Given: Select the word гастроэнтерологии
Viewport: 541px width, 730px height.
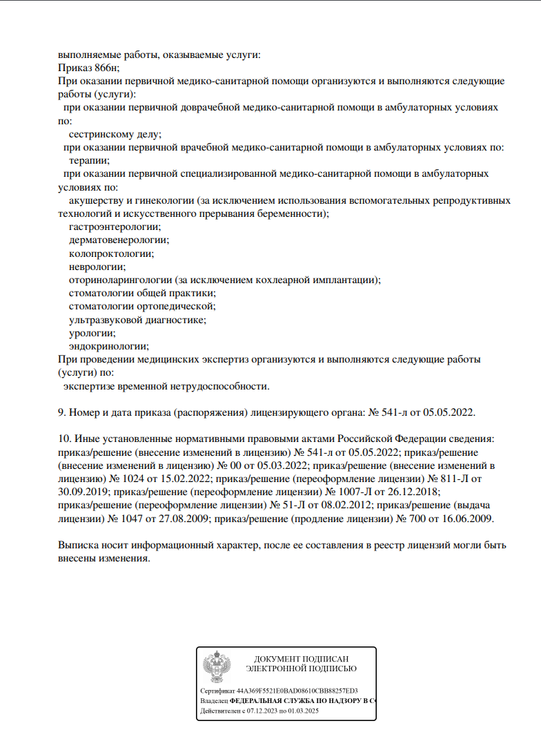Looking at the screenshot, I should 115,227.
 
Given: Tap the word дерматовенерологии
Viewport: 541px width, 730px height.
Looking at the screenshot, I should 119,240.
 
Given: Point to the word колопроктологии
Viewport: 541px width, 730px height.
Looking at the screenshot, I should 111,253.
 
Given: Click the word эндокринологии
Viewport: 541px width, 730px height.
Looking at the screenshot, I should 109,346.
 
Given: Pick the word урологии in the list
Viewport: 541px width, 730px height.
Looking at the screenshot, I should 92,333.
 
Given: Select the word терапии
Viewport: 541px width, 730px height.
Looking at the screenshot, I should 89,160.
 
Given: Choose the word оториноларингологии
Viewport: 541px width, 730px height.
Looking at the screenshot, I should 121,280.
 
